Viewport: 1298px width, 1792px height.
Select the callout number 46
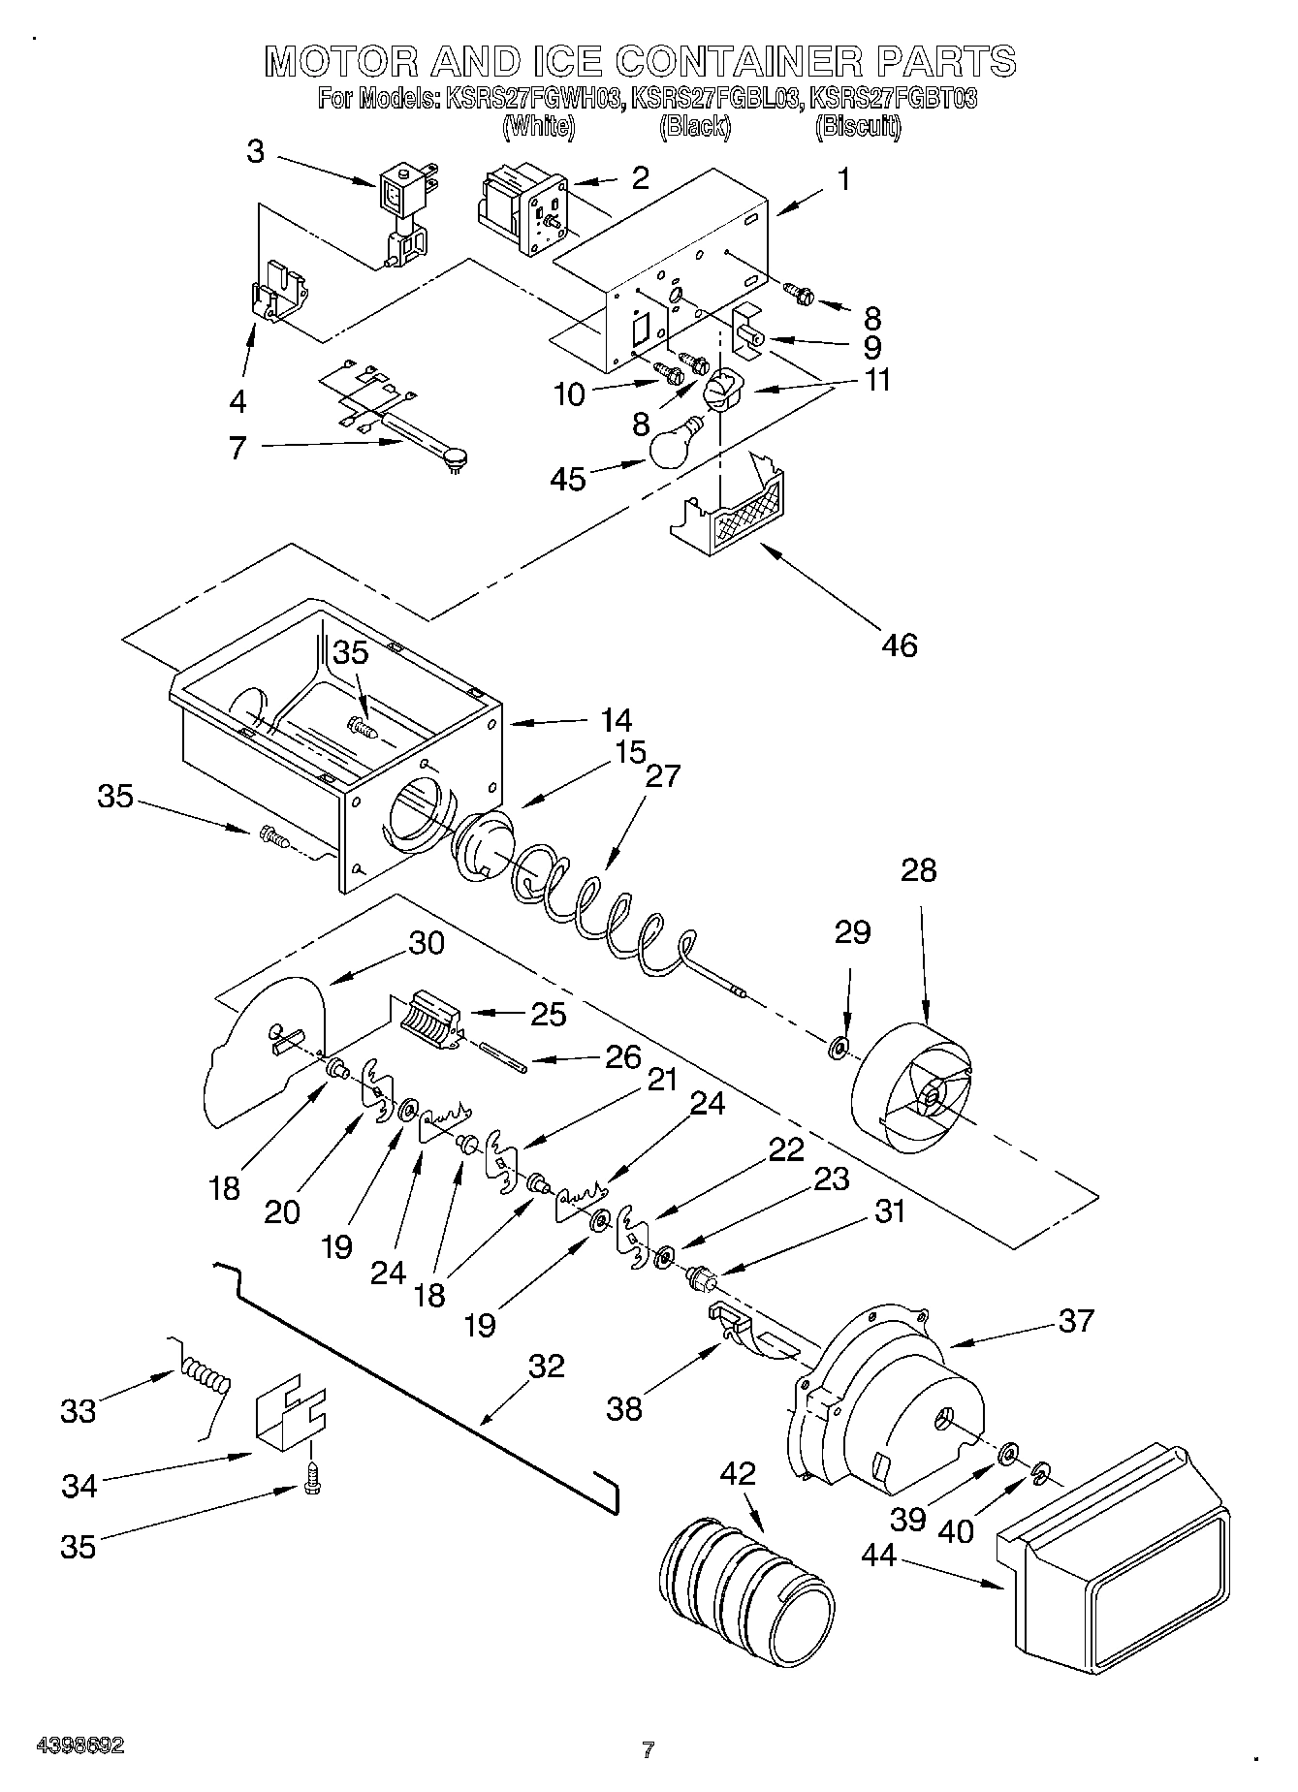(x=900, y=644)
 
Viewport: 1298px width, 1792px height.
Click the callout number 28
(x=918, y=870)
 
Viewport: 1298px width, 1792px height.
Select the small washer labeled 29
(x=839, y=1048)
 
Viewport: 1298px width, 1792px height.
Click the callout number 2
(x=640, y=178)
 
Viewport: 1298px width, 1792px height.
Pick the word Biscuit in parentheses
(x=859, y=127)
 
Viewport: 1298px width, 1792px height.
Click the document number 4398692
(x=79, y=1745)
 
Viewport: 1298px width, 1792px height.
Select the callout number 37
(x=1076, y=1319)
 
